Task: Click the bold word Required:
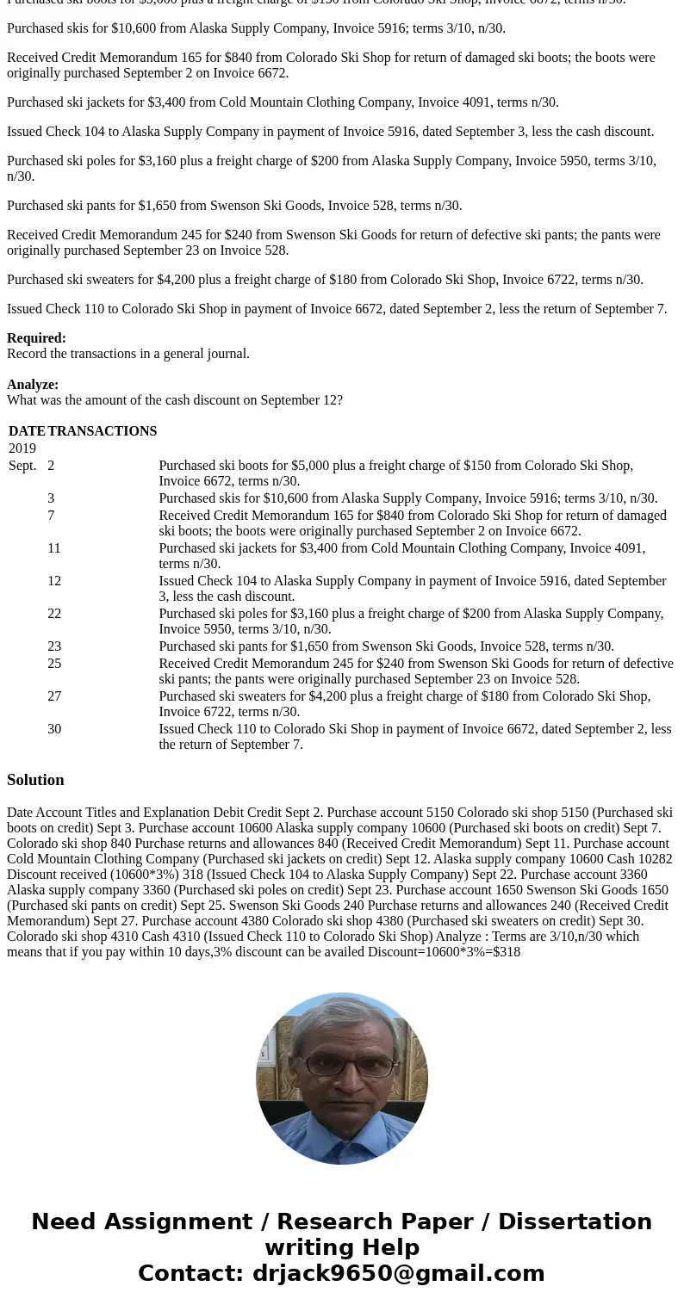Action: tap(36, 338)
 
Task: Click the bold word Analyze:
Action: tap(33, 385)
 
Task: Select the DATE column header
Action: tap(27, 431)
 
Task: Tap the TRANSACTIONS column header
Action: tap(103, 431)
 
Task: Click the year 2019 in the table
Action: tap(22, 448)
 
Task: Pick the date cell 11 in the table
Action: tap(54, 548)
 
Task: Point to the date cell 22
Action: tap(54, 614)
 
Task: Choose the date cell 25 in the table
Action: tap(54, 664)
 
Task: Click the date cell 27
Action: tap(54, 696)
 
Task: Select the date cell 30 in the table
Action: tap(54, 729)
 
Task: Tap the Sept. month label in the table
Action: tap(23, 466)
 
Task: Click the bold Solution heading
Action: tap(35, 780)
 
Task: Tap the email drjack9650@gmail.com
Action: tap(398, 1273)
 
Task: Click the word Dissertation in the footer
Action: tap(575, 1221)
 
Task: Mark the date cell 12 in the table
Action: tap(54, 581)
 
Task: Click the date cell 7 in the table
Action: tap(51, 516)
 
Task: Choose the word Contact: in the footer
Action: tap(190, 1273)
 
